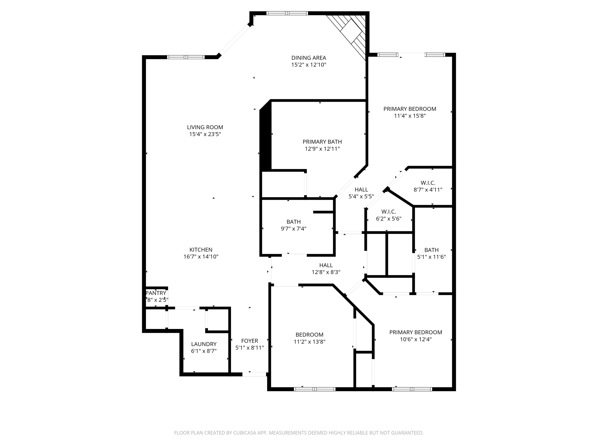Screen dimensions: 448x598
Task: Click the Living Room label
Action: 205,127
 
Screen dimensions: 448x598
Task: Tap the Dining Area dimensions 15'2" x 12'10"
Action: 309,65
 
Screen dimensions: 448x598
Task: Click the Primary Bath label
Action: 322,142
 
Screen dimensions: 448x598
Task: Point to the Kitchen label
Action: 201,250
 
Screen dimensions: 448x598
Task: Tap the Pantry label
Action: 156,293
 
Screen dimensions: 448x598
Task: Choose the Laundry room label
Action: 204,344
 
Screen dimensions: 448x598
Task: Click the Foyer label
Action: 250,341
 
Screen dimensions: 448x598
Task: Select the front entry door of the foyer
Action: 254,374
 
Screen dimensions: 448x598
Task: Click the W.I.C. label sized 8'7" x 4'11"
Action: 428,183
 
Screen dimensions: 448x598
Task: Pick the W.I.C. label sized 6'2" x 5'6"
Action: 389,212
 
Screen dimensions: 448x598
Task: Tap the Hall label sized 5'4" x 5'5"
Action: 361,190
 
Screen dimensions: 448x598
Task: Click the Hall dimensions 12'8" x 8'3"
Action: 326,272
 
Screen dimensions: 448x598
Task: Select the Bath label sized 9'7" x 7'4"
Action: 293,222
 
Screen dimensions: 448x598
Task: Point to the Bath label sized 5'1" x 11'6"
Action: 431,250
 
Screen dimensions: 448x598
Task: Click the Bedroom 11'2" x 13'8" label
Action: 310,335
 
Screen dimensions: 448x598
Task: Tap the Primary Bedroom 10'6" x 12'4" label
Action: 416,332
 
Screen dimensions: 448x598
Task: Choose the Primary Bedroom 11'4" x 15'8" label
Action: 410,109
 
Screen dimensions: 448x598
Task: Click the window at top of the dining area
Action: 287,13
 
